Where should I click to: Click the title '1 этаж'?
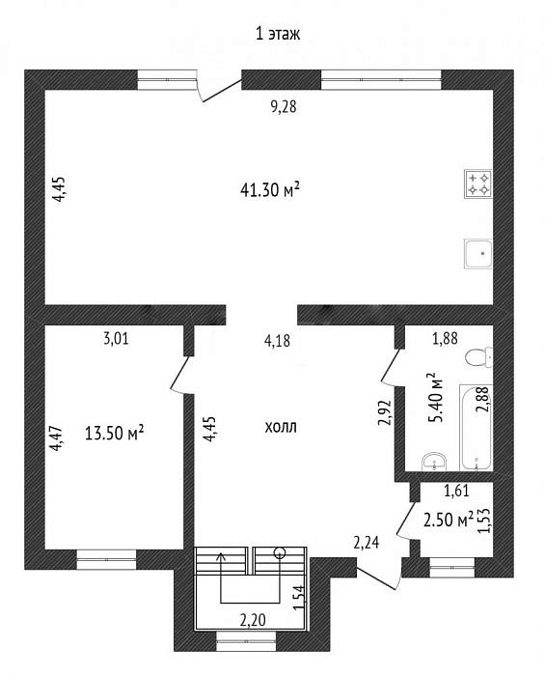278,34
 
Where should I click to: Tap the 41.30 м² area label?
269,190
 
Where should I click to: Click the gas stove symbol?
478,184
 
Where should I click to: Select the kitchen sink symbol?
478,253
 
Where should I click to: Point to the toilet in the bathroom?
479,357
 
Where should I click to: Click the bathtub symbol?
477,427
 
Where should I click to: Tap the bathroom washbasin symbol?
434,462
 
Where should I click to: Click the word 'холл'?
281,428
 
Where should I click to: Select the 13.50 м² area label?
114,433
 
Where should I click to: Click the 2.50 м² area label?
449,520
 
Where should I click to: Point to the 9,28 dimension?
284,106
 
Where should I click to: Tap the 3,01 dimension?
116,339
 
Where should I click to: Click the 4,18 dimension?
277,341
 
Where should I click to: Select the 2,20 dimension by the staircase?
253,620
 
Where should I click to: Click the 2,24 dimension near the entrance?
367,543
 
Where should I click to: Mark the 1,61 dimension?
456,491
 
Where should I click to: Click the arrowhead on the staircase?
222,556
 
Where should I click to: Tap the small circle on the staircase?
280,552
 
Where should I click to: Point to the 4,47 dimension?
58,438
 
